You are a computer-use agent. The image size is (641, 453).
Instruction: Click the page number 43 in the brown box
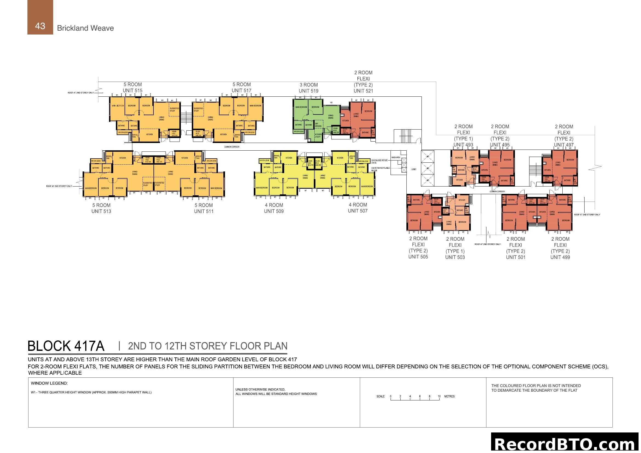pyautogui.click(x=40, y=26)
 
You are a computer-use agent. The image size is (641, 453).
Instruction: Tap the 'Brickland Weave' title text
pyautogui.click(x=85, y=28)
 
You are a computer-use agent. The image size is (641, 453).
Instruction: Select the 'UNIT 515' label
pyautogui.click(x=132, y=91)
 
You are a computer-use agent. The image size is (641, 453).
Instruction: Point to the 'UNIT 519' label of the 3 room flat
pyautogui.click(x=308, y=91)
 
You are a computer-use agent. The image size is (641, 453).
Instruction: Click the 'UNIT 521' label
pyautogui.click(x=363, y=91)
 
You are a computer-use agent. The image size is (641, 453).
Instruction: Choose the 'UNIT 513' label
pyautogui.click(x=101, y=211)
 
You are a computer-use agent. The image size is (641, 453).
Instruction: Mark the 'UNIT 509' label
pyautogui.click(x=274, y=211)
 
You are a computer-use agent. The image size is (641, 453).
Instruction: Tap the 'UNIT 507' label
pyautogui.click(x=357, y=211)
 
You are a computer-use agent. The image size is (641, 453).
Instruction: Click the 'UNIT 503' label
pyautogui.click(x=455, y=257)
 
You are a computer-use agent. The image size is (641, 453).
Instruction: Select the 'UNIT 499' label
pyautogui.click(x=560, y=257)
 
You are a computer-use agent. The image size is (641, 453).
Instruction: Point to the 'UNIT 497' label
pyautogui.click(x=563, y=145)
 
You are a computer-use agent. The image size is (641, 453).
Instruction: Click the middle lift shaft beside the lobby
pyautogui.click(x=428, y=168)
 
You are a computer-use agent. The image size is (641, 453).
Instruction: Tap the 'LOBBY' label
pyautogui.click(x=414, y=169)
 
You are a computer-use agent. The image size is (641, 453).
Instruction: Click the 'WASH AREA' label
pyautogui.click(x=396, y=157)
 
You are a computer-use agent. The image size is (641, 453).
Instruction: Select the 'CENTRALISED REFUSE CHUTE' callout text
pyautogui.click(x=379, y=162)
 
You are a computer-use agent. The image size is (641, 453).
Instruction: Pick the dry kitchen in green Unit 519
pyautogui.click(x=318, y=125)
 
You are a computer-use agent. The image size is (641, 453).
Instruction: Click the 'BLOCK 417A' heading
pyautogui.click(x=66, y=346)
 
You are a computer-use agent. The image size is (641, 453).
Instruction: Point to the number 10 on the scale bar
pyautogui.click(x=439, y=396)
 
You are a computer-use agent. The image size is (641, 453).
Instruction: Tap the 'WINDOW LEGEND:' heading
pyautogui.click(x=49, y=383)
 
